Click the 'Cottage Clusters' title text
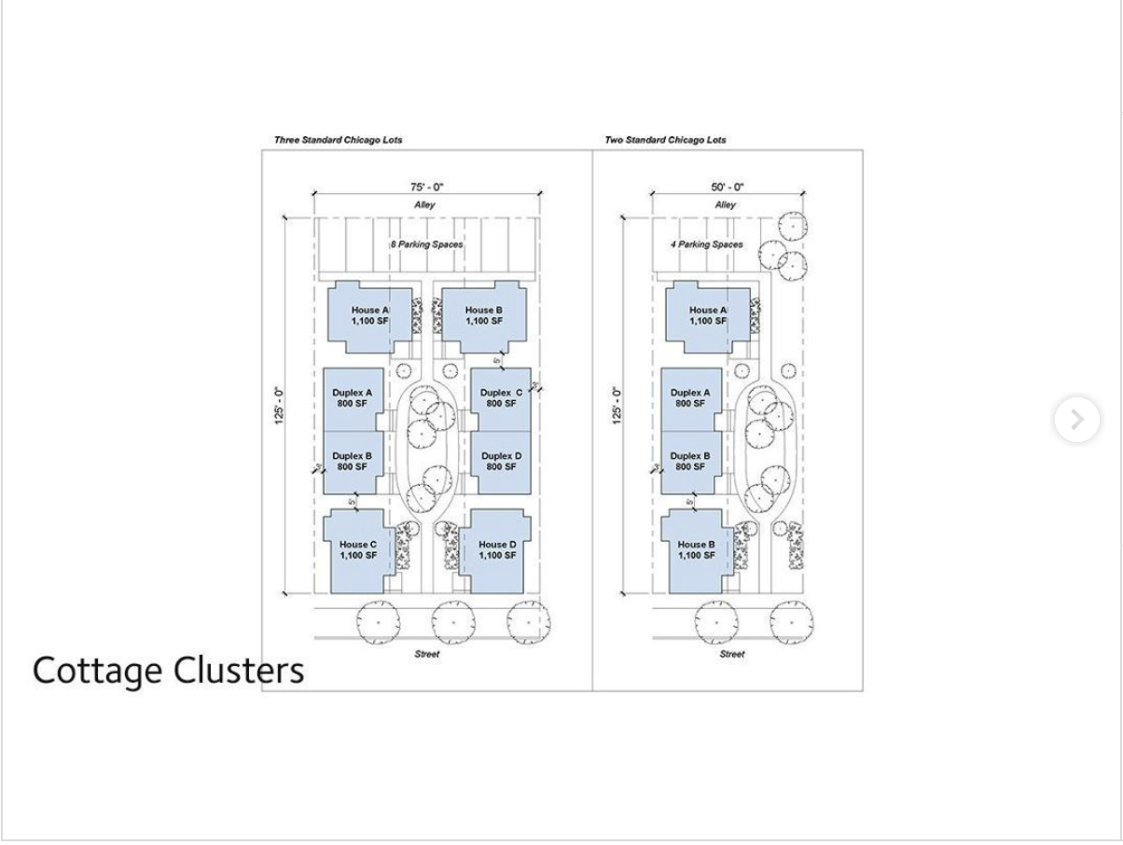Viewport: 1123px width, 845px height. (168, 670)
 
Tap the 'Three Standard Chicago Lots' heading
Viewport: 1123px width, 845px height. (338, 140)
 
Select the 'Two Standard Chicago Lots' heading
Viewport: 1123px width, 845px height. (665, 140)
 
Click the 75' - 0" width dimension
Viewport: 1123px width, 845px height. (426, 187)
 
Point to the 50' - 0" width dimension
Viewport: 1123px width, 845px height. (728, 187)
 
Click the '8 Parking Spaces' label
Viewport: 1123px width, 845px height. (426, 244)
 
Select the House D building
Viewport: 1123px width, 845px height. (496, 550)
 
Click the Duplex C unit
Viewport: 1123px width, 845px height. (501, 398)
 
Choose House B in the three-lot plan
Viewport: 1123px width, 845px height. (483, 315)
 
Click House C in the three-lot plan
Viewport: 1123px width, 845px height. (357, 550)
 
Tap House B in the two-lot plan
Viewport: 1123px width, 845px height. (696, 550)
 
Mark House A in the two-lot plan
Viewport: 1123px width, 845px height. (707, 315)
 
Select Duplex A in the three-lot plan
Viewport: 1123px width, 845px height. (352, 398)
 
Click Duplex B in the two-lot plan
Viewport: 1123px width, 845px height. (690, 461)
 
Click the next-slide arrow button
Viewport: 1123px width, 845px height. (1076, 420)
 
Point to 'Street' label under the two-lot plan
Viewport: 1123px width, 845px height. (732, 654)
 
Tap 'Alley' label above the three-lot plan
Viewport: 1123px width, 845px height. (424, 205)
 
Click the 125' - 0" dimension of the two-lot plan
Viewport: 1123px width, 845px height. (617, 406)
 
